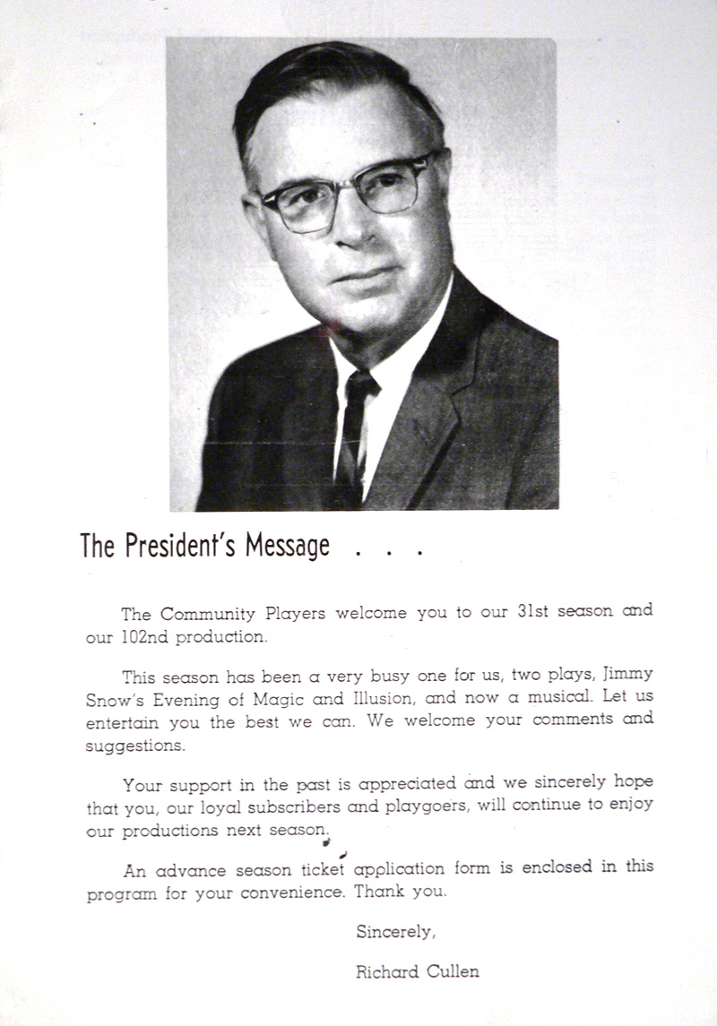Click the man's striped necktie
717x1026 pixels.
click(353, 430)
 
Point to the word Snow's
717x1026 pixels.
click(112, 699)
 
